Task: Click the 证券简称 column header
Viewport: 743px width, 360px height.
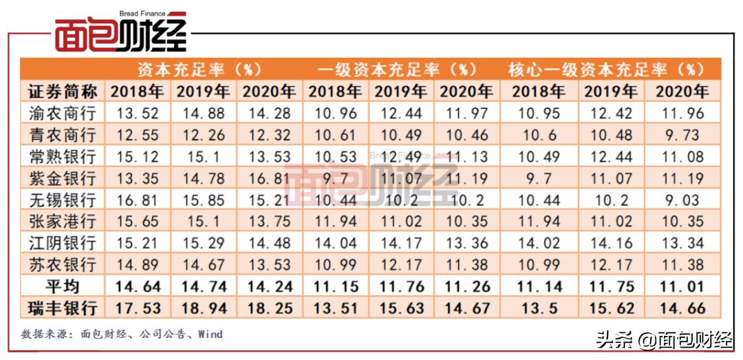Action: [x=63, y=91]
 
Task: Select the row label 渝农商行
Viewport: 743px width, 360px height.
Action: [x=63, y=112]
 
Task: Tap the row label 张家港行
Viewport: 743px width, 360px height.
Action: [x=63, y=221]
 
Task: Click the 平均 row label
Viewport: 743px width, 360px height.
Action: [x=63, y=286]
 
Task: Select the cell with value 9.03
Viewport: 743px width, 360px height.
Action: [x=682, y=200]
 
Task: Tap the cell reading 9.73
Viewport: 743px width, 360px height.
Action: [x=682, y=134]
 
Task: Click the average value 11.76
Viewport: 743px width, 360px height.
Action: [x=400, y=286]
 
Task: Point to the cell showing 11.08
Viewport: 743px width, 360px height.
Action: [x=682, y=156]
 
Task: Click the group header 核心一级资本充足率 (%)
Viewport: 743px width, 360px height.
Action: [x=606, y=70]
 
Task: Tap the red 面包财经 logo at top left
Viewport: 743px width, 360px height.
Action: [x=121, y=32]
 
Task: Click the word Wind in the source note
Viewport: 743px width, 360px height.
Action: [x=211, y=335]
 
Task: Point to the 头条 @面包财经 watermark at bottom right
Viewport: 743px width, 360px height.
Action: [x=663, y=339]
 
